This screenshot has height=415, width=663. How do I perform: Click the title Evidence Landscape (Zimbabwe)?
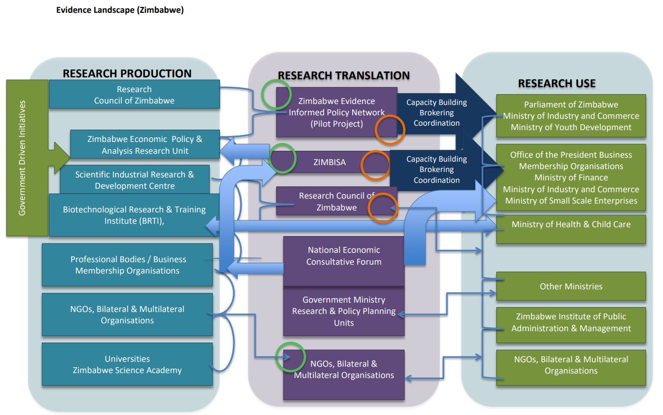pyautogui.click(x=120, y=10)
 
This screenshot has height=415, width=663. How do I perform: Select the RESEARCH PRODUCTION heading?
pyautogui.click(x=127, y=73)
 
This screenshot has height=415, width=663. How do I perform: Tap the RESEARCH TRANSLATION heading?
pyautogui.click(x=344, y=75)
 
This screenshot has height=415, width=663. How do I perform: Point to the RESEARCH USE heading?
pyautogui.click(x=556, y=83)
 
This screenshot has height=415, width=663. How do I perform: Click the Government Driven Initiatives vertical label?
pyautogui.click(x=23, y=158)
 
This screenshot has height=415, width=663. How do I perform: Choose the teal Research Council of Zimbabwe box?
pyautogui.click(x=134, y=95)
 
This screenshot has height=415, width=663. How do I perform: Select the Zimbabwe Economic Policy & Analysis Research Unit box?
pyautogui.click(x=145, y=145)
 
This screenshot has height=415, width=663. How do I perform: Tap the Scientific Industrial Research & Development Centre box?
pyautogui.click(x=135, y=180)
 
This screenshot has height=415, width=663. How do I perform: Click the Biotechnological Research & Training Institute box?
pyautogui.click(x=134, y=215)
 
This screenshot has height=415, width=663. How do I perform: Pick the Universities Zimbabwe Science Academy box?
pyautogui.click(x=127, y=365)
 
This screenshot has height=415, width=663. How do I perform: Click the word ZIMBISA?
pyautogui.click(x=330, y=162)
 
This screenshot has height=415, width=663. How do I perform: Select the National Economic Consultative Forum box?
pyautogui.click(x=344, y=256)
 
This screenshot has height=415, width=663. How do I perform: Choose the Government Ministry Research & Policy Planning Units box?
pyautogui.click(x=344, y=311)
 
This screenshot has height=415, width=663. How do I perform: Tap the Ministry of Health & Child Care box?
pyautogui.click(x=571, y=224)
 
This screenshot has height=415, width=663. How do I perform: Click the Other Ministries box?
pyautogui.click(x=571, y=286)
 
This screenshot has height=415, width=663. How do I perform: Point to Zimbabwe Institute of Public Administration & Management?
pyautogui.click(x=571, y=322)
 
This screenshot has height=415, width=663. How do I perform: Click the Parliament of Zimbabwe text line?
pyautogui.click(x=571, y=104)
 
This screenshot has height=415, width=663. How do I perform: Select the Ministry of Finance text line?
pyautogui.click(x=571, y=177)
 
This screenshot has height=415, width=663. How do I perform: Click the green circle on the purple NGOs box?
pyautogui.click(x=290, y=356)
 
